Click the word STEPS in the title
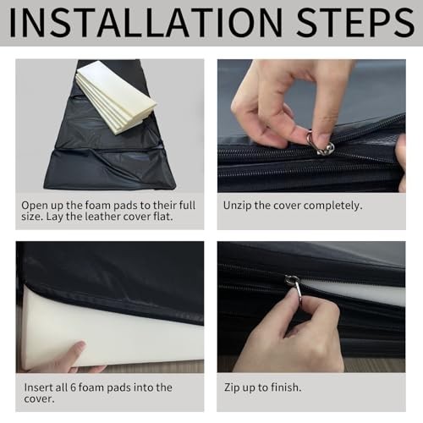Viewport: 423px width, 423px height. point(355,23)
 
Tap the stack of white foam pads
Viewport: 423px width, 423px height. point(116,96)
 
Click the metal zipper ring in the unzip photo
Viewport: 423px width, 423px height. point(319,144)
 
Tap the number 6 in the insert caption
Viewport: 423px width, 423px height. point(73,387)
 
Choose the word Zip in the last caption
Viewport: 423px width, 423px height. point(233,387)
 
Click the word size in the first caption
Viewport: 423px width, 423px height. point(31,217)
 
